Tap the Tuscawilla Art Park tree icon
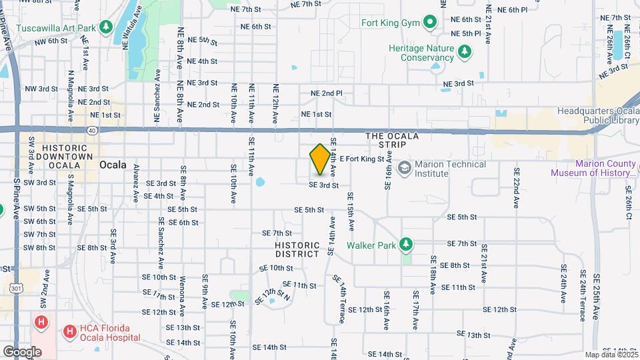tap(105, 27)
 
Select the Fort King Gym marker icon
tap(430, 23)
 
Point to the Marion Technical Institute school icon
tap(404, 167)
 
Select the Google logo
tap(22, 351)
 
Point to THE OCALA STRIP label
tap(392, 141)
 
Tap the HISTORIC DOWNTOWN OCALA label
tap(65, 156)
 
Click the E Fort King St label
tap(362, 159)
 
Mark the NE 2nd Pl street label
tap(326, 93)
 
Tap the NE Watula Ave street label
tap(132, 28)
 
